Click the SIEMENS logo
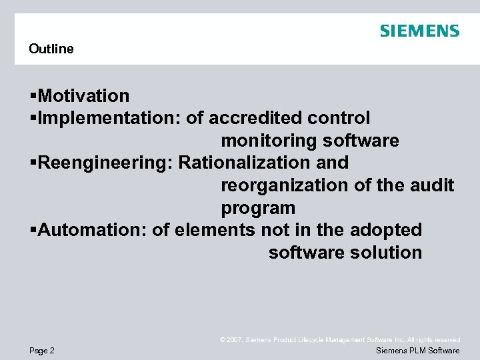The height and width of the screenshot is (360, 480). click(x=419, y=31)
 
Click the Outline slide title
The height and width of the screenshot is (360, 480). click(x=51, y=49)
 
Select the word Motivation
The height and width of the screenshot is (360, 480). click(x=84, y=96)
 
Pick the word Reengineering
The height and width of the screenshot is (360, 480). click(x=105, y=163)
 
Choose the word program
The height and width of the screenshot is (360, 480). click(x=258, y=208)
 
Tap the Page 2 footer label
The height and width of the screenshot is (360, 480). click(x=42, y=351)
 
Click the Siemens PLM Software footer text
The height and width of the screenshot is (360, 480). click(x=418, y=351)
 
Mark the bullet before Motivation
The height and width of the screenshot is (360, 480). click(x=33, y=97)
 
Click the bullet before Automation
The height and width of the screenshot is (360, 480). click(x=33, y=231)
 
